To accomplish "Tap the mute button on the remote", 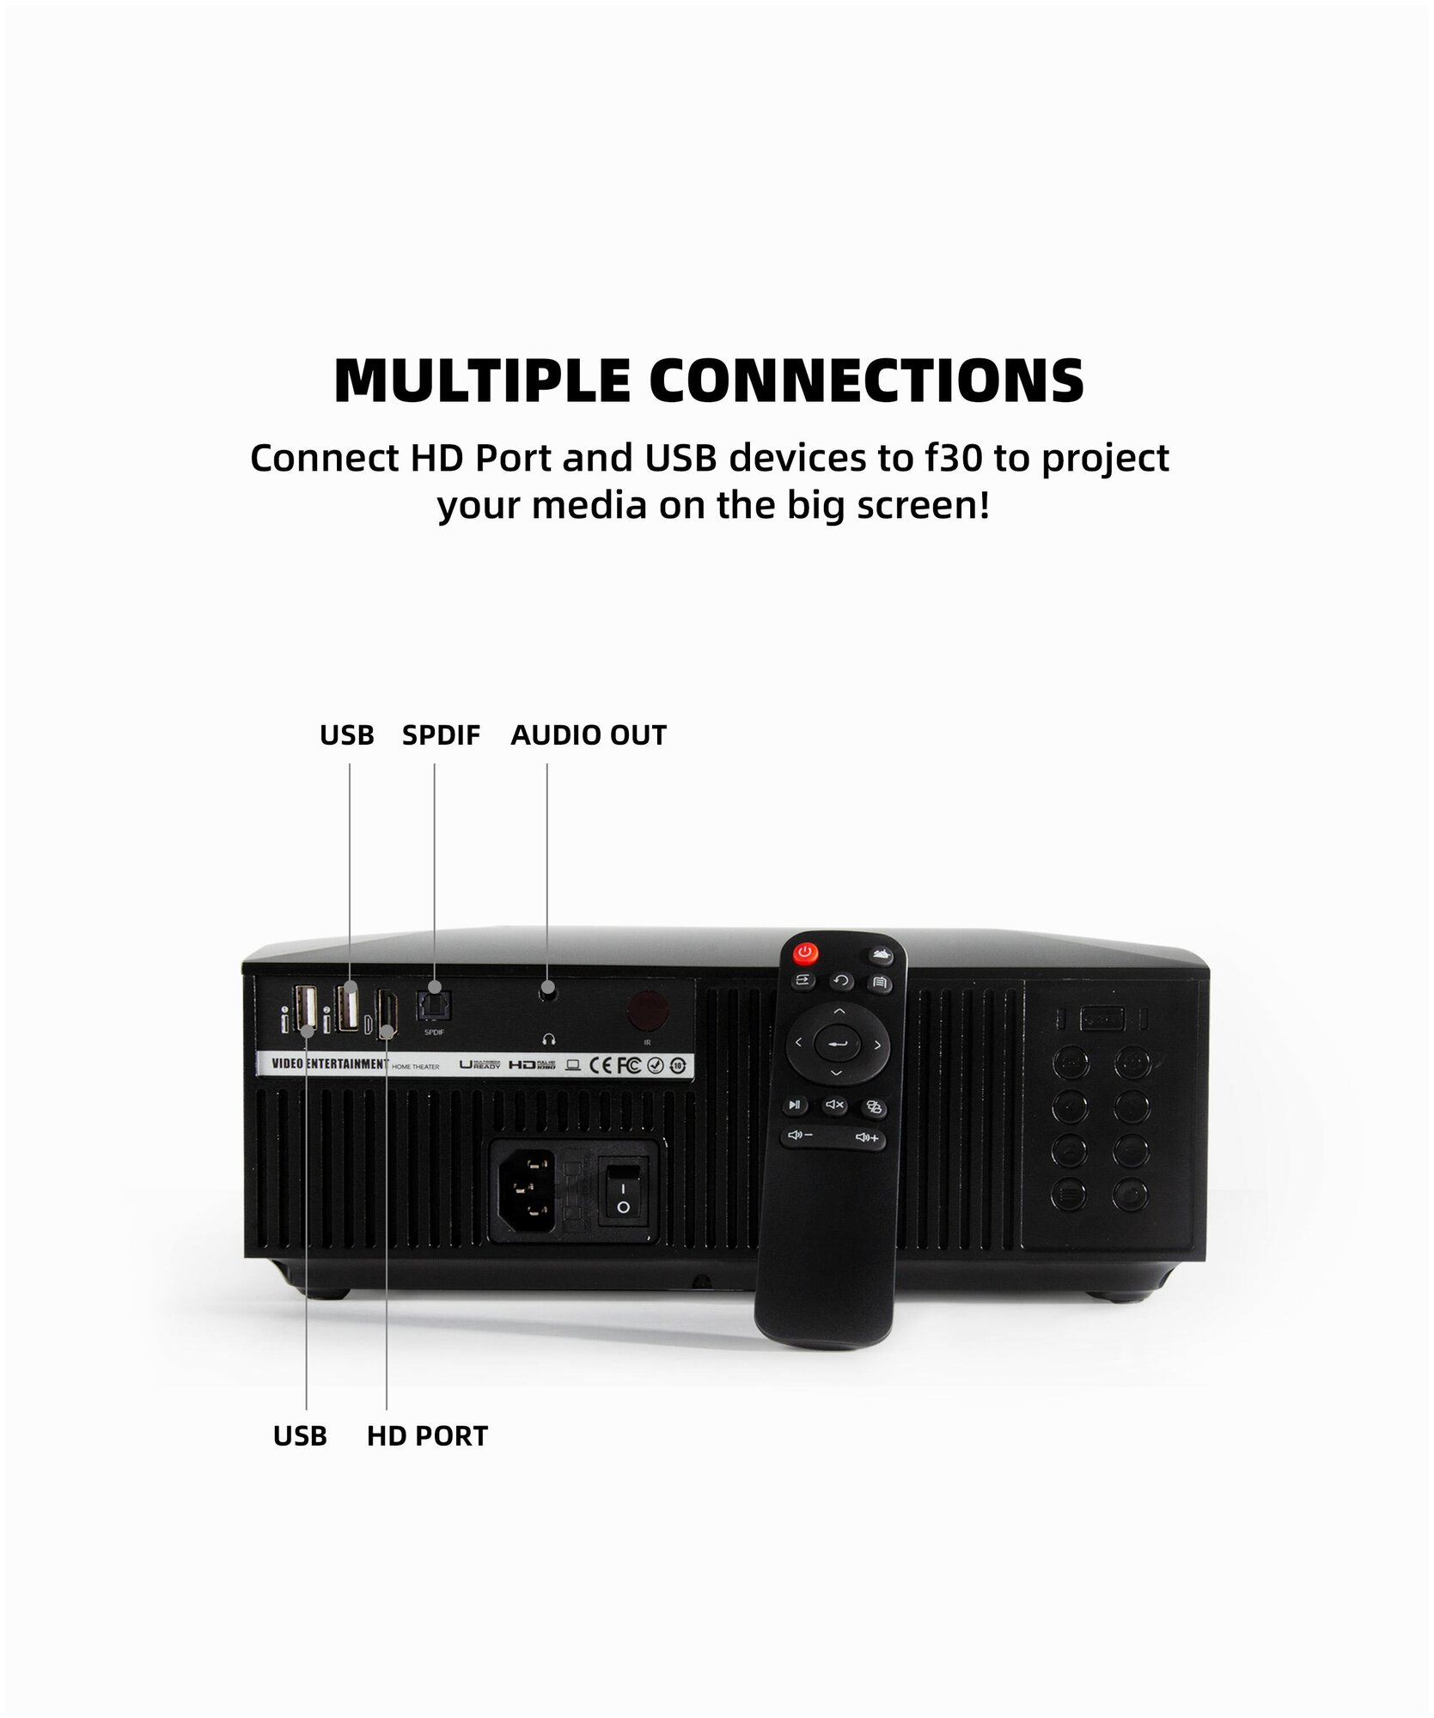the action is pyautogui.click(x=834, y=1105).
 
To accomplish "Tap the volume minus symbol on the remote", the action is pyautogui.click(x=801, y=1136).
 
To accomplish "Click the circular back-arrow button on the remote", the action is pyautogui.click(x=842, y=982).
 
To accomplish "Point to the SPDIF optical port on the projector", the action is pyautogui.click(x=434, y=1002).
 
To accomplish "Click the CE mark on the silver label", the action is pyautogui.click(x=599, y=1065).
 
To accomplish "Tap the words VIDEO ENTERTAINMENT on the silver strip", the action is pyautogui.click(x=329, y=1063).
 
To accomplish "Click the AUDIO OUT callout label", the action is pyautogui.click(x=589, y=735).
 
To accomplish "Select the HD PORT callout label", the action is pyautogui.click(x=427, y=1436).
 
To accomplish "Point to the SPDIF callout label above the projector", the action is pyautogui.click(x=441, y=735).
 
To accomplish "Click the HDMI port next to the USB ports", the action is pyautogui.click(x=387, y=1014).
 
